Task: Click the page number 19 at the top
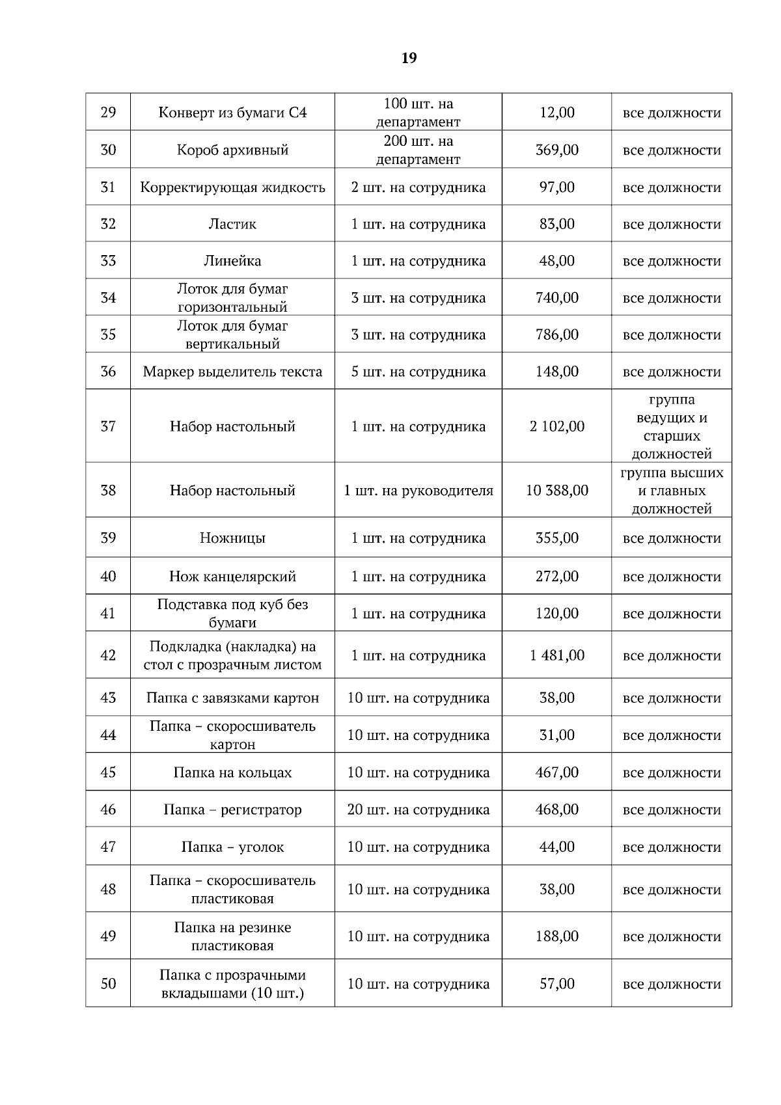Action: coord(409,59)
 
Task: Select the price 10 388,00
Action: coord(556,490)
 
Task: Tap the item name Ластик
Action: coord(232,224)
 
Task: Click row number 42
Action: coord(108,655)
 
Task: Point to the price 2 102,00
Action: coord(556,426)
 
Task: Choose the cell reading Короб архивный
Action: coord(232,150)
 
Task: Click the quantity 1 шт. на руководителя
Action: coord(418,490)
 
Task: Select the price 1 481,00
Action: coord(556,655)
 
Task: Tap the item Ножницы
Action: coord(232,538)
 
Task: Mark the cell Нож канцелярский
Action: coord(232,576)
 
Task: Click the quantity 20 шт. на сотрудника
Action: coord(418,810)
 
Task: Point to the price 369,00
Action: coord(556,150)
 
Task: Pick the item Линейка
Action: coord(232,261)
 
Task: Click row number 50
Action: coord(108,983)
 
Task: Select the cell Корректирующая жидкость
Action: coord(232,187)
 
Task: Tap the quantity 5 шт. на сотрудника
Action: coord(418,372)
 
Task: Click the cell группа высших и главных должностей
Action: coord(672,491)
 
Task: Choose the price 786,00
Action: coord(556,334)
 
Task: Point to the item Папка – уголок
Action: coord(232,847)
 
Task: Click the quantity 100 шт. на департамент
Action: coord(418,113)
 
